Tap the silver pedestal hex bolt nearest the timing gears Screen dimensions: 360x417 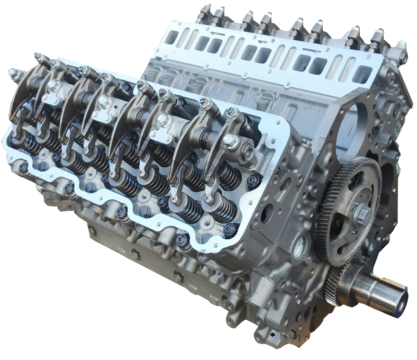point(229,140)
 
